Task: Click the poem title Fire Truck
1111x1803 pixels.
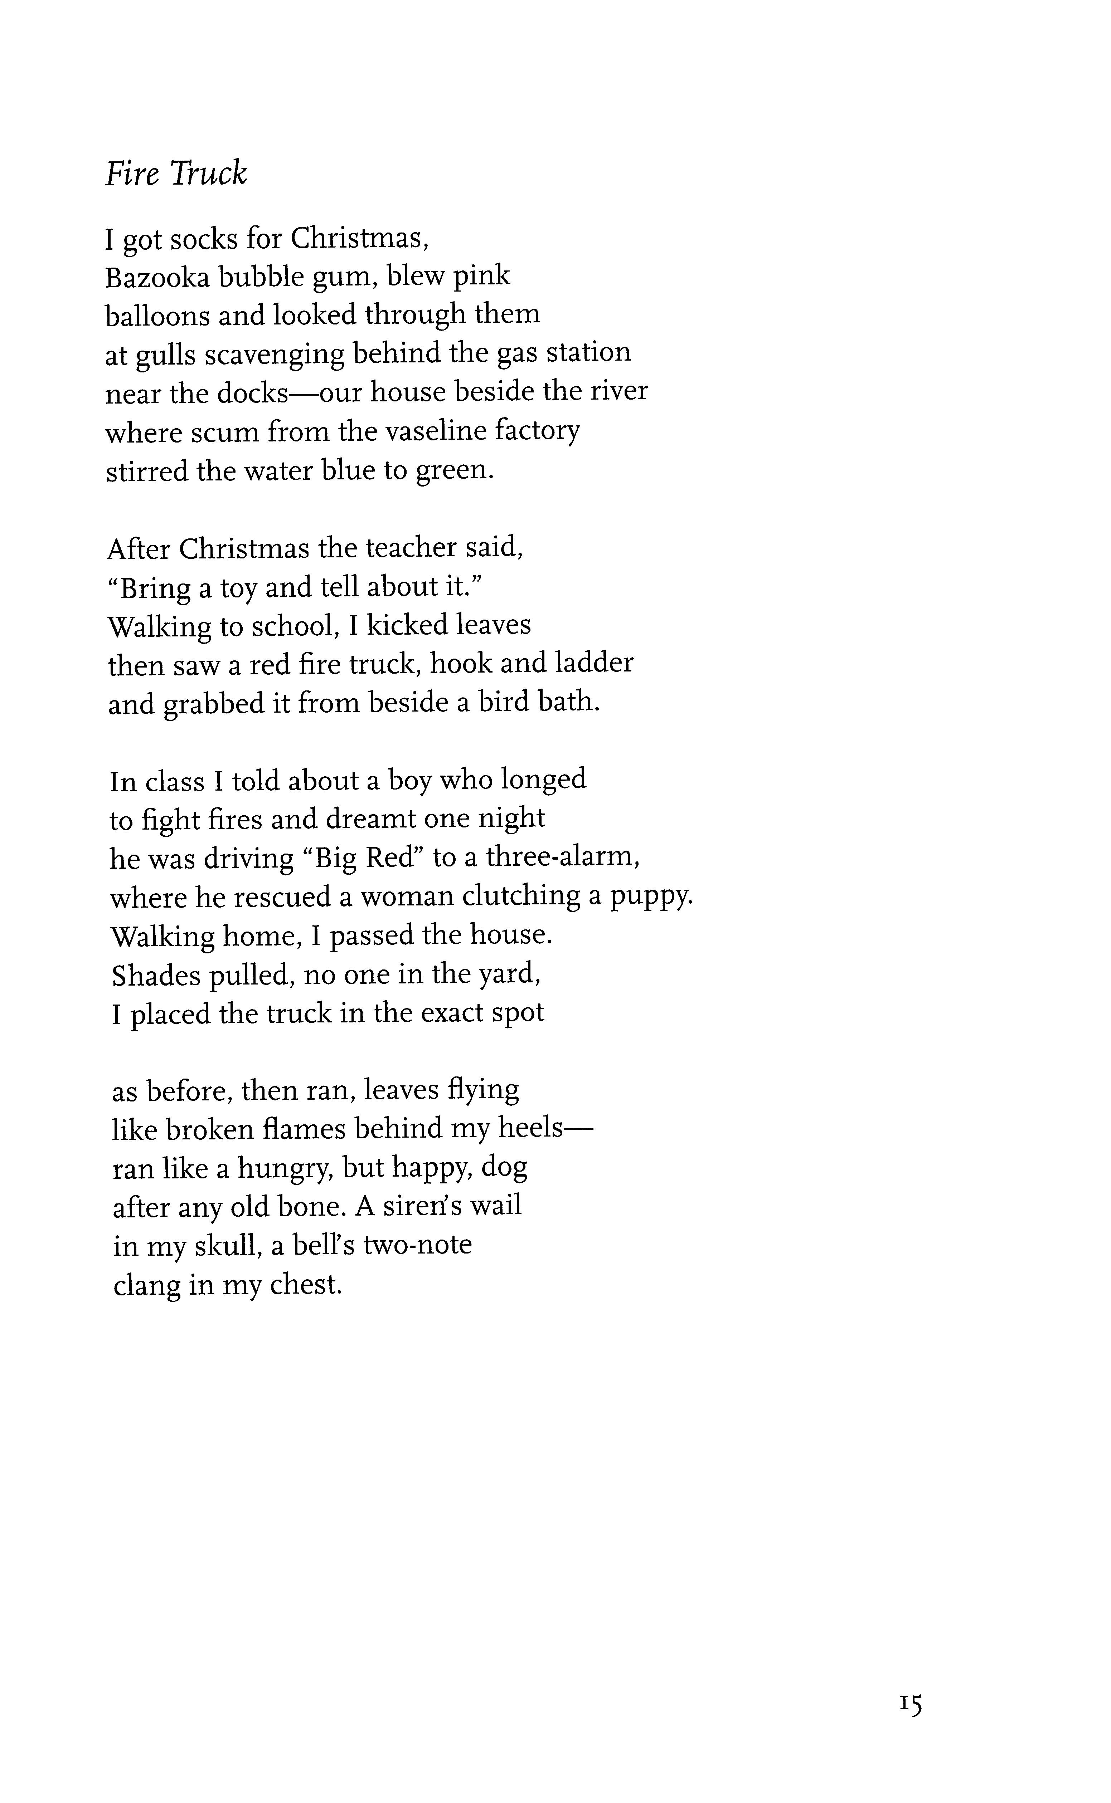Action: pos(176,174)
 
